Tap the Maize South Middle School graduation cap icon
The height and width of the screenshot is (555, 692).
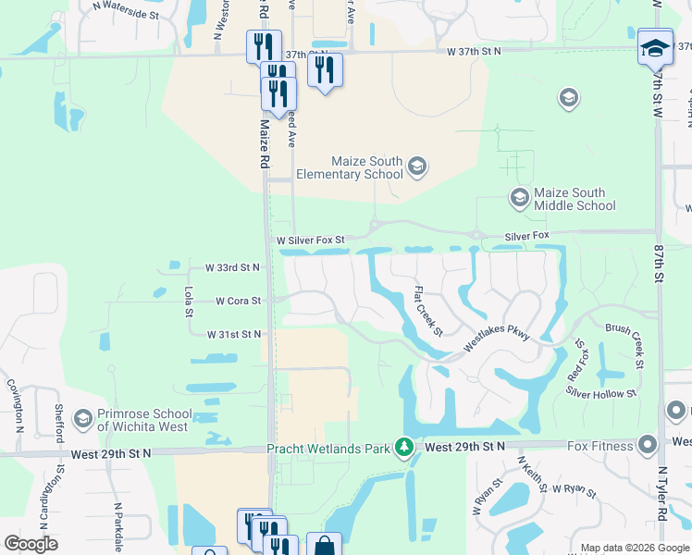point(520,197)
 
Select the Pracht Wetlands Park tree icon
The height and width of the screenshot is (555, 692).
point(404,448)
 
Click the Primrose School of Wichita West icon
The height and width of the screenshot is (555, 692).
point(82,420)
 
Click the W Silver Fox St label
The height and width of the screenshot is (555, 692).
point(311,240)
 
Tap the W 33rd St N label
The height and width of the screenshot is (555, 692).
point(233,267)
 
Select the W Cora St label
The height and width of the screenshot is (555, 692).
point(238,301)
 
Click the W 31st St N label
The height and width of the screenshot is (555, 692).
point(234,334)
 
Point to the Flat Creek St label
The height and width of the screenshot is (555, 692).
point(427,312)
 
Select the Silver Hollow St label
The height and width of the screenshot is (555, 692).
point(601,392)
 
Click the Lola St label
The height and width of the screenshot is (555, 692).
point(188,302)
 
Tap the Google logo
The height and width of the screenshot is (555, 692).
point(31,544)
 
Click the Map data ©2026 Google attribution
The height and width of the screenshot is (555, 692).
point(634,548)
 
